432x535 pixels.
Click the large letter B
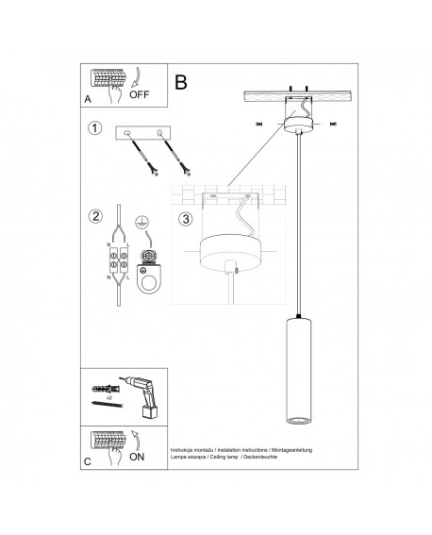pyautogui.click(x=182, y=81)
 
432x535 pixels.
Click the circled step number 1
pyautogui.click(x=95, y=129)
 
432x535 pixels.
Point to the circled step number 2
pyautogui.click(x=95, y=217)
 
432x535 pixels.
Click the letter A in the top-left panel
pyautogui.click(x=87, y=98)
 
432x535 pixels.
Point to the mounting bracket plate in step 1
pyautogui.click(x=144, y=133)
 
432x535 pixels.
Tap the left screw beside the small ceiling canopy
pyautogui.click(x=258, y=124)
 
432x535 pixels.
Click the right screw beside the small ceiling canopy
pyautogui.click(x=330, y=124)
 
